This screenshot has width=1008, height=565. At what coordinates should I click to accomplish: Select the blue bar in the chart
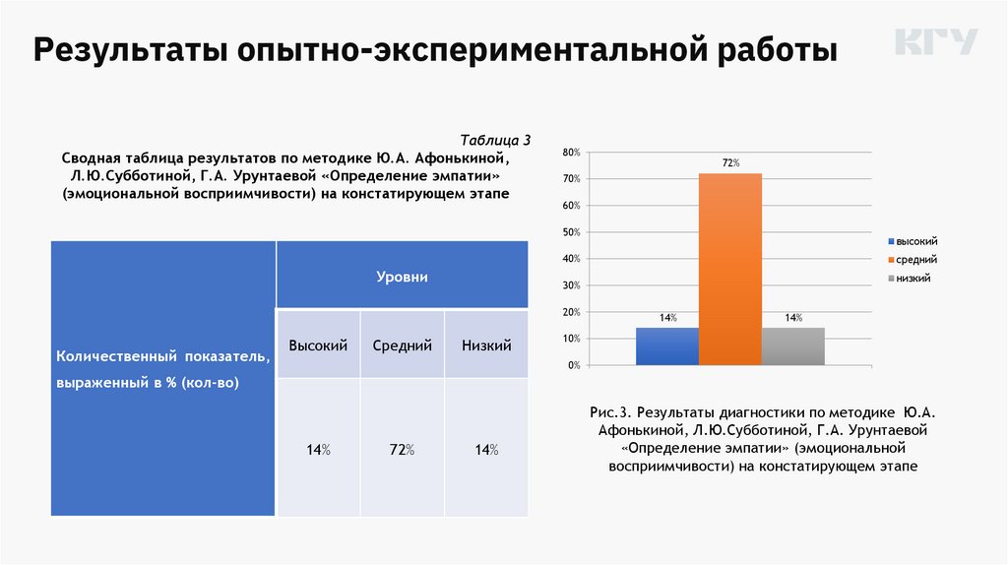667,346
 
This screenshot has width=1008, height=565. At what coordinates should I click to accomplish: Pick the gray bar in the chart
792,346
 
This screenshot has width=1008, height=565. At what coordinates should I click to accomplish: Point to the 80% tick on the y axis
571,153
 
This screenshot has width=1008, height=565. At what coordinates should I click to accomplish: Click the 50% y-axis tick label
571,232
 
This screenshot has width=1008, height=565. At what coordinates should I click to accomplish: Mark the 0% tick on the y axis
574,365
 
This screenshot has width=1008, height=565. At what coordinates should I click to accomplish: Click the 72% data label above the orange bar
730,162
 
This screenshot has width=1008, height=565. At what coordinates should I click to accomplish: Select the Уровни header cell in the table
402,277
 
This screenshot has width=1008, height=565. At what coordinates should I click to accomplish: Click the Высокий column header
318,345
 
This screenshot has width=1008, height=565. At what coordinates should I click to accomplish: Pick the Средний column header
403,345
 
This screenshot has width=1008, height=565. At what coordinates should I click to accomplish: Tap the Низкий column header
486,345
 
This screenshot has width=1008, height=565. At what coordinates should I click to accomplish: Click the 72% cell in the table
403,450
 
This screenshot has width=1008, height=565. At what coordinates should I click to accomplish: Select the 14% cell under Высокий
318,450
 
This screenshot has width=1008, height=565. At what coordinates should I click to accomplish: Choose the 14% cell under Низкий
486,450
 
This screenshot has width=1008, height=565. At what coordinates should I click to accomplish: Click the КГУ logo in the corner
936,42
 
